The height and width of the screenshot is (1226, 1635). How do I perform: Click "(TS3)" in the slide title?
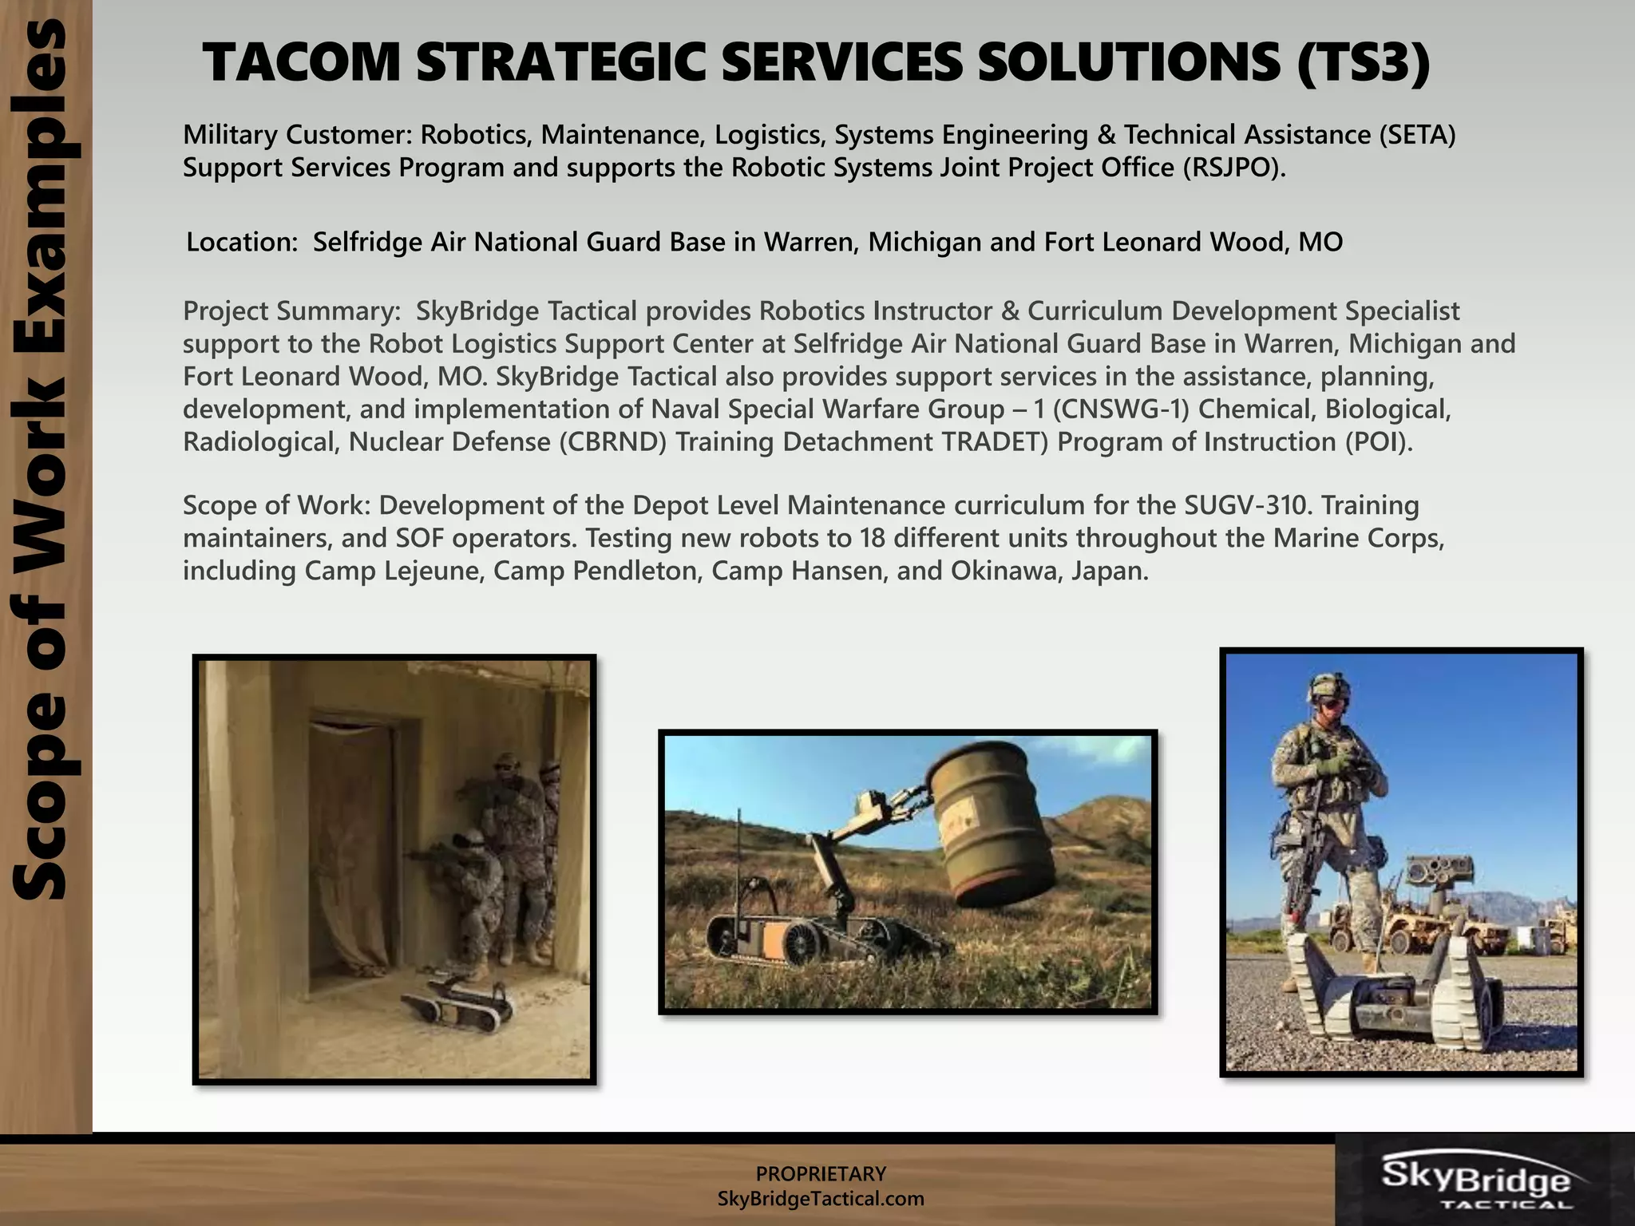pyautogui.click(x=1362, y=64)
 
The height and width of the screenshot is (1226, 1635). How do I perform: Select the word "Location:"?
pyautogui.click(x=242, y=242)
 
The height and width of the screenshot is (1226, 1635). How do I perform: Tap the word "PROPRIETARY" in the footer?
pyautogui.click(x=821, y=1174)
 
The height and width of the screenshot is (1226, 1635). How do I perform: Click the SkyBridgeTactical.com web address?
pyautogui.click(x=821, y=1199)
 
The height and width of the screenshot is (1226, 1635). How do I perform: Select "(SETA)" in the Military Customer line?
pyautogui.click(x=1417, y=135)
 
